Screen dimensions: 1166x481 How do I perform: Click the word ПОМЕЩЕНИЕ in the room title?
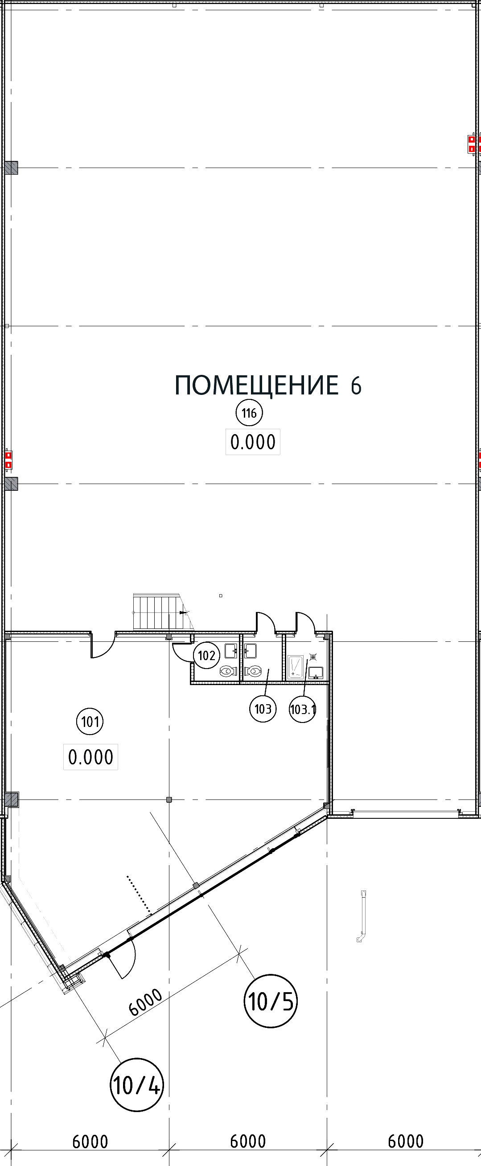tap(256, 386)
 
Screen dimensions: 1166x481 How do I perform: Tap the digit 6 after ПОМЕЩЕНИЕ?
tap(356, 386)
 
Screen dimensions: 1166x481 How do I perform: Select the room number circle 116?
tap(248, 413)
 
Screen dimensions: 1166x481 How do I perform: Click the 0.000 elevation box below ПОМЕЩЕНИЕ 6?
tap(253, 442)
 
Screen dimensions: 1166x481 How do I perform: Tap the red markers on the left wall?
tap(8, 460)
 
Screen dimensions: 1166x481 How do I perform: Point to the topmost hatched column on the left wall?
tap(12, 168)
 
